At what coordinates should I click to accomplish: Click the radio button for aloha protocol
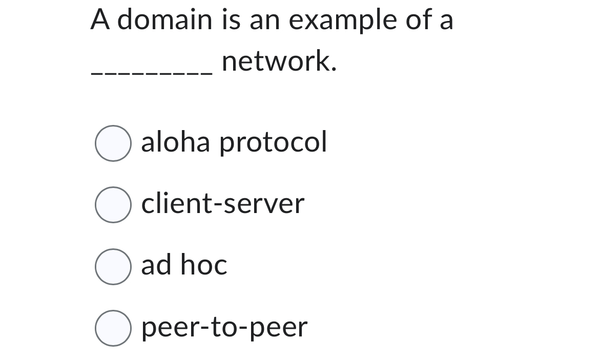(x=112, y=143)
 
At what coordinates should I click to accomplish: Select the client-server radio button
(x=112, y=205)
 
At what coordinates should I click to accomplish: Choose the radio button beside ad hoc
(x=112, y=266)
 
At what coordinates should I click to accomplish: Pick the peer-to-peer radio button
(x=112, y=328)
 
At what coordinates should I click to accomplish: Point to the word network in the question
(x=276, y=62)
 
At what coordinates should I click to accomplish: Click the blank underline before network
(x=151, y=73)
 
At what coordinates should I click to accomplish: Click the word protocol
(x=273, y=143)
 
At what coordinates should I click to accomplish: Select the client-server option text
(x=222, y=204)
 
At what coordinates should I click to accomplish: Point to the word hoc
(x=205, y=265)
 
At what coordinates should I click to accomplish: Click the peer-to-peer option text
(x=224, y=328)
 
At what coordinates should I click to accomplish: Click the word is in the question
(x=230, y=20)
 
